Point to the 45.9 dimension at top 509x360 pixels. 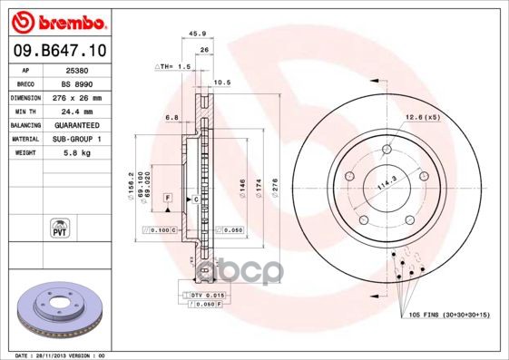tap(193, 36)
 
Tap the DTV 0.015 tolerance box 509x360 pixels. tap(208, 296)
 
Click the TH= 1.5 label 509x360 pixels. tap(175, 66)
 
